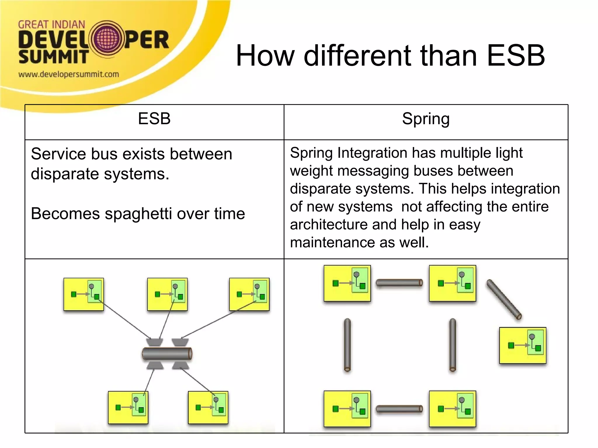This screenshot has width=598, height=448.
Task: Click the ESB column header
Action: (154, 119)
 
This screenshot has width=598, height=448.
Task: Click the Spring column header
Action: (426, 119)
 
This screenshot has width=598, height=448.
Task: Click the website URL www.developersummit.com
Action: (69, 74)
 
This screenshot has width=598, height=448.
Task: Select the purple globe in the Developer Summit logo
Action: (107, 39)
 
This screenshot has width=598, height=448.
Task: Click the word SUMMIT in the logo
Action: (53, 57)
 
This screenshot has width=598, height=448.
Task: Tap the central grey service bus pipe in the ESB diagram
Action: (167, 354)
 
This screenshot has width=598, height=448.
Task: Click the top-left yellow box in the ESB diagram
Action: (84, 294)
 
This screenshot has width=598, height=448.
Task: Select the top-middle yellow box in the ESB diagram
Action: (167, 294)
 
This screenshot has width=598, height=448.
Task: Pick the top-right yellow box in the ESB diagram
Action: (249, 294)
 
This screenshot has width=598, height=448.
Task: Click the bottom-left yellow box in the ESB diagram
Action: (128, 407)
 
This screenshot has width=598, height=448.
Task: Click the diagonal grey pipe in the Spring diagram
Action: (504, 299)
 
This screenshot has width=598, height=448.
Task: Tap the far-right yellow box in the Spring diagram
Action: (522, 345)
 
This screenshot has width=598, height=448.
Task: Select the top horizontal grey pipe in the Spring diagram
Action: (399, 283)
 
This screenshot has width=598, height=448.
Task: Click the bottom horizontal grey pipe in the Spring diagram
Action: (399, 409)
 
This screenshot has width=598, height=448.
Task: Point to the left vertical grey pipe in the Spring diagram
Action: (347, 345)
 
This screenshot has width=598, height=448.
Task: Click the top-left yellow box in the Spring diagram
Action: (347, 283)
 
